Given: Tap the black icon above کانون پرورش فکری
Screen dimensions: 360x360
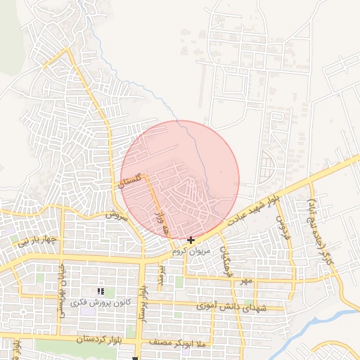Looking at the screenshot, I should (x=101, y=290).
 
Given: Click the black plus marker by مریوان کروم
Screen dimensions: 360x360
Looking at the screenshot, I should (x=191, y=240).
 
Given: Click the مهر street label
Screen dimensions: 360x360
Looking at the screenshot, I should (x=245, y=281).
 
